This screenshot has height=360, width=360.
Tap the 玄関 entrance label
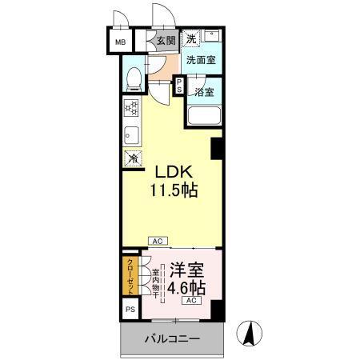pyautogui.click(x=165, y=41)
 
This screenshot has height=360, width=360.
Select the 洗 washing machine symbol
pyautogui.click(x=191, y=38)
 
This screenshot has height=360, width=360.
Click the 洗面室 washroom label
pyautogui.click(x=200, y=60)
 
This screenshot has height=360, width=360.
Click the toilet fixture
pyautogui.click(x=136, y=78)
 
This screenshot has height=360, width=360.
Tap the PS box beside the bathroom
pyautogui.click(x=179, y=86)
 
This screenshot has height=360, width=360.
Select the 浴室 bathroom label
pyautogui.click(x=203, y=92)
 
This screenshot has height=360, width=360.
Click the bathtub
pyautogui.click(x=203, y=116)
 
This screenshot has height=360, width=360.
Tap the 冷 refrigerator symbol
pyautogui.click(x=131, y=158)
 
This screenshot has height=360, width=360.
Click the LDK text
pyautogui.click(x=171, y=172)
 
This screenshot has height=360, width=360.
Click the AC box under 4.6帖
pyautogui.click(x=192, y=301)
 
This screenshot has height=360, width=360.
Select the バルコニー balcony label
pyautogui.click(x=171, y=338)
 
